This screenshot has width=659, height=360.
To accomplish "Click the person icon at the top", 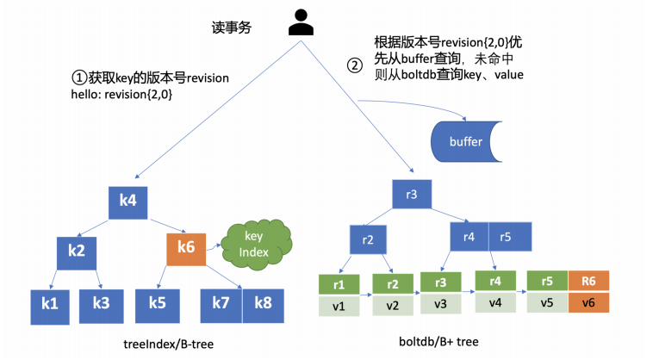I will [301, 22].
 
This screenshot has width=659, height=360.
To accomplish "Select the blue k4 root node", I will [128, 201].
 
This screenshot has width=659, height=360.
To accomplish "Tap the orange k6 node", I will [186, 248].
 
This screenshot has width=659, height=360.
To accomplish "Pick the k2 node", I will [76, 251].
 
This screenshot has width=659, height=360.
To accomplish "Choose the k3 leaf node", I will [101, 303].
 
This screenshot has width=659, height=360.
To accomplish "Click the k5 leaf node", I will [157, 303].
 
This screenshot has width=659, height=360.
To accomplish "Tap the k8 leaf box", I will [263, 303].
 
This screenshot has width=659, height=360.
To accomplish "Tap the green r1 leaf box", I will [339, 284].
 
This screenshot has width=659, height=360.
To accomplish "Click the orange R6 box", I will [588, 281].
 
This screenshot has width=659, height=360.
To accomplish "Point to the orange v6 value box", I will [588, 302].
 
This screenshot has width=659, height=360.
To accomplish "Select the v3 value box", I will [440, 302].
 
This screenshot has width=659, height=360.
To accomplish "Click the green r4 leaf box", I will [494, 281].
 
